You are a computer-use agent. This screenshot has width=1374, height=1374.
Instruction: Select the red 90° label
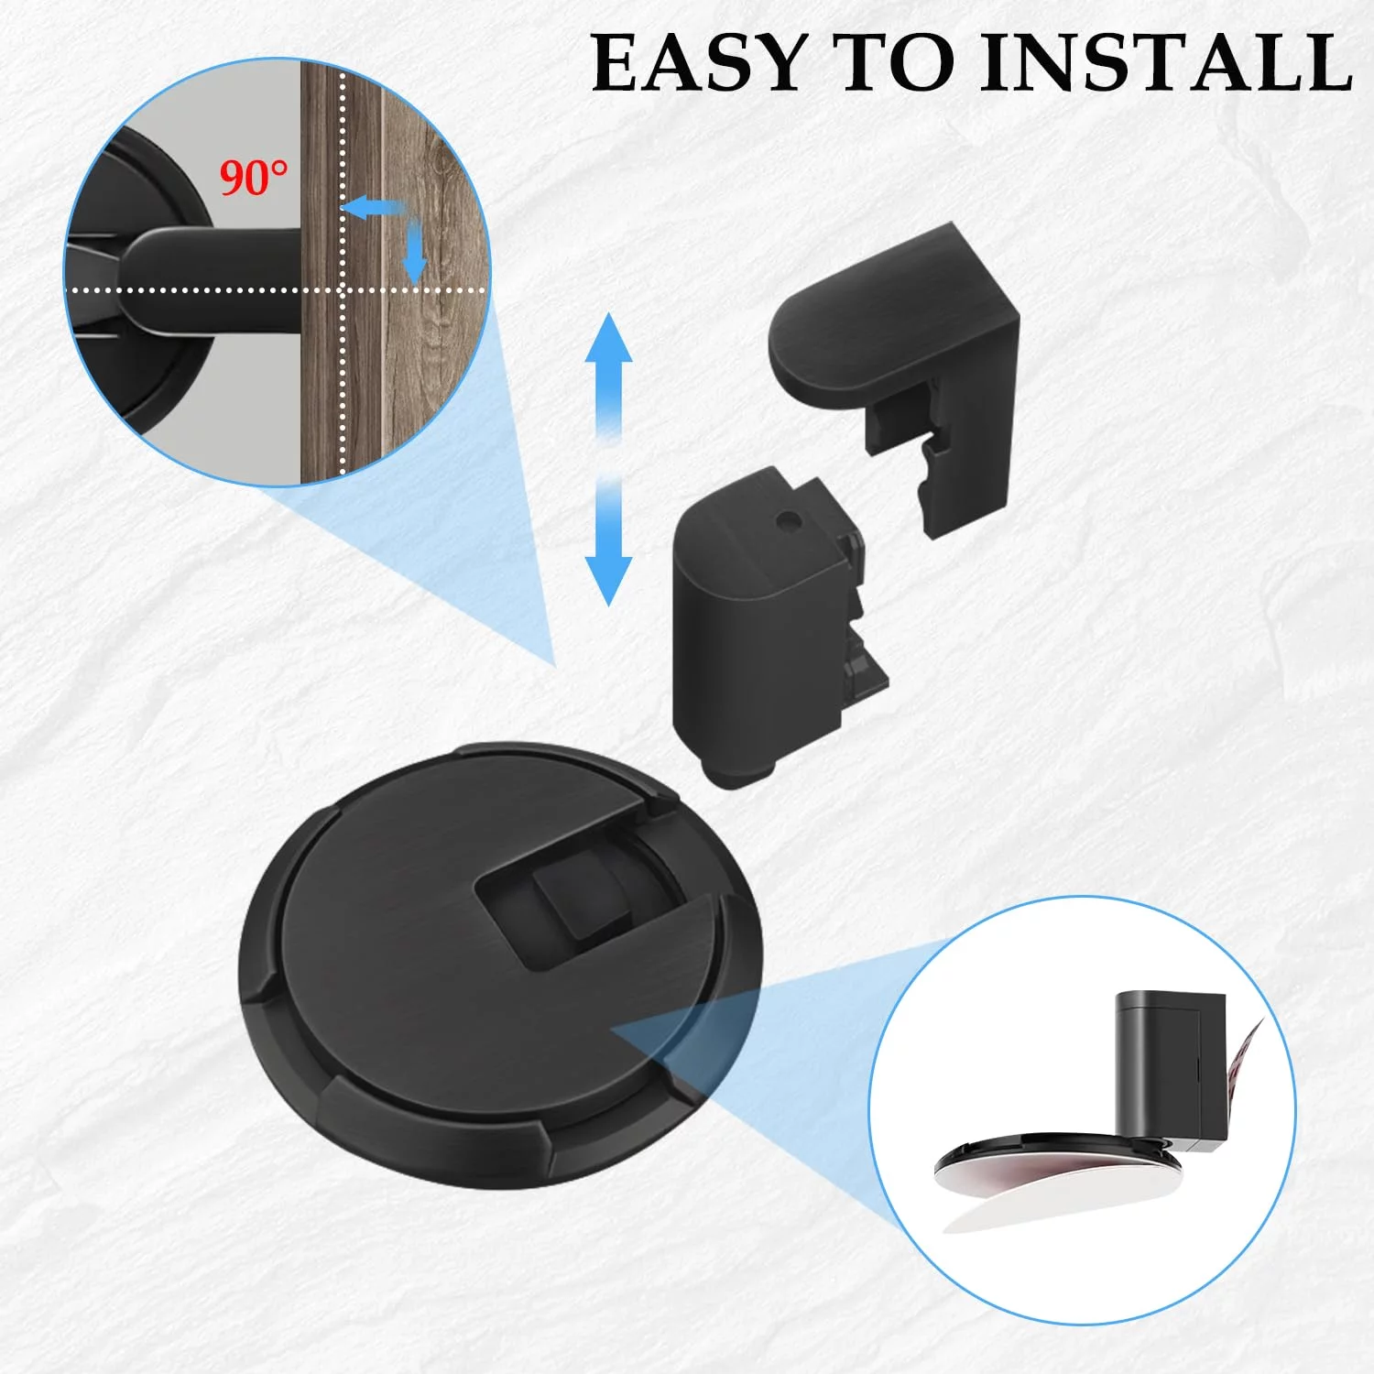pos(254,178)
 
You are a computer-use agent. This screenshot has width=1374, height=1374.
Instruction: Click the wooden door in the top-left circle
pos(394,275)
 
